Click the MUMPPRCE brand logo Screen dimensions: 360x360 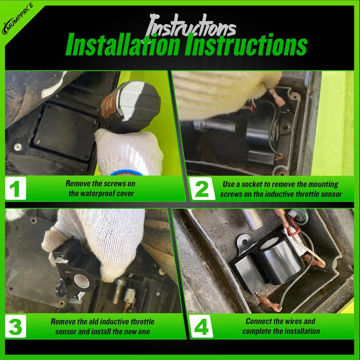[18, 19]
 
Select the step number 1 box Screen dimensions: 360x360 [16, 188]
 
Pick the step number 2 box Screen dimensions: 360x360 [202, 189]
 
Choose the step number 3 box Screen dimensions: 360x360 [16, 326]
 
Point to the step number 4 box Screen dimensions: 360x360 [201, 326]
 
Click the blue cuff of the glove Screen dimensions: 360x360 [126, 172]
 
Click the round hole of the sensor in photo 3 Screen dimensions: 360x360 [82, 281]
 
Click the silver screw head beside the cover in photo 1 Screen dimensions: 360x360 [17, 146]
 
